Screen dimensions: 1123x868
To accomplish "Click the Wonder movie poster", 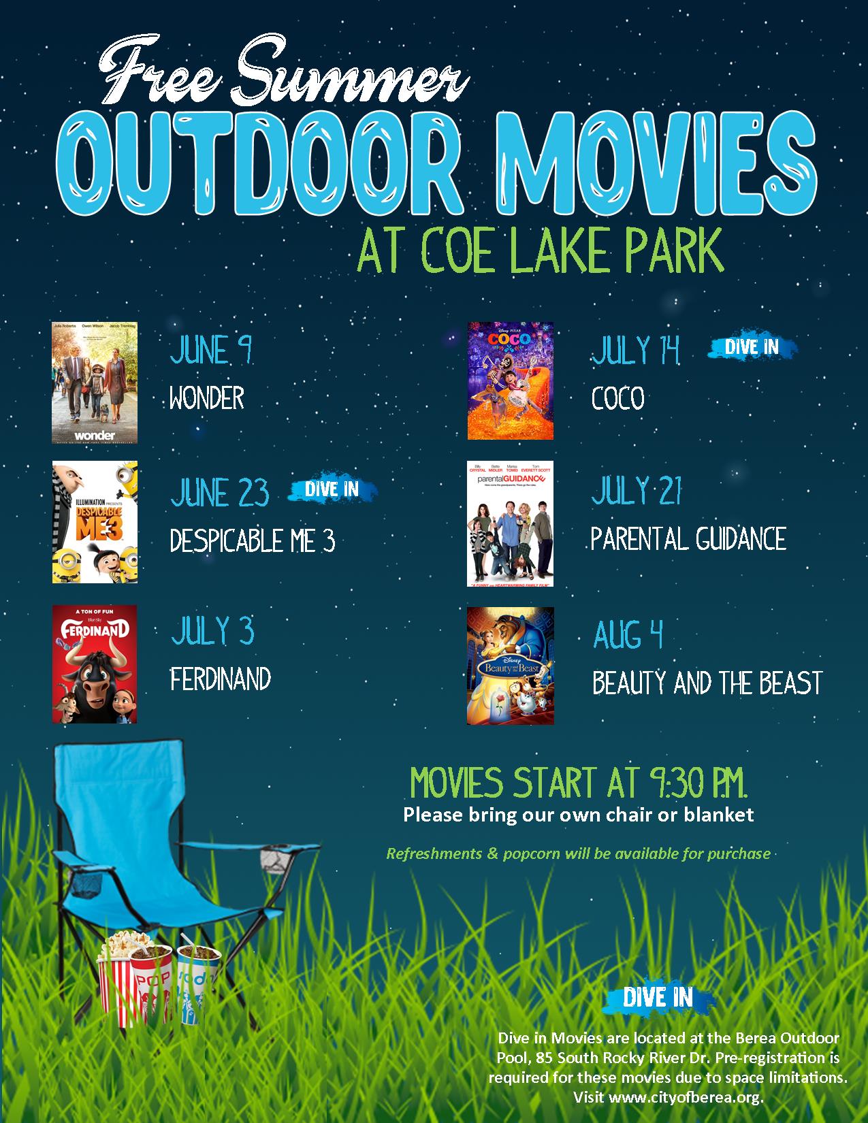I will [x=95, y=383].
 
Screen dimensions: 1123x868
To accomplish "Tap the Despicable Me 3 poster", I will [x=95, y=522].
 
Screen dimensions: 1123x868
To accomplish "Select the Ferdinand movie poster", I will [x=95, y=664].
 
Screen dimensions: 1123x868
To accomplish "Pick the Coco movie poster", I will [x=510, y=381].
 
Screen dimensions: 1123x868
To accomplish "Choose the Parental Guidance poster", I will [x=510, y=523].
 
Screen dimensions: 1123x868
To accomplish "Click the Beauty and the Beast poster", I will [x=510, y=666].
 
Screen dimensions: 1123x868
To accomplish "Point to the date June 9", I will [x=211, y=351].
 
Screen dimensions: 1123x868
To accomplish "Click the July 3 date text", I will [x=212, y=631].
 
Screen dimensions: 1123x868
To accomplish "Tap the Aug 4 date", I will [x=628, y=634].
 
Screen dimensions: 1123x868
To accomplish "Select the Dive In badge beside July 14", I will [x=752, y=347].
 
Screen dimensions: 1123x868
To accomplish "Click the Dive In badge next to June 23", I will [x=332, y=489].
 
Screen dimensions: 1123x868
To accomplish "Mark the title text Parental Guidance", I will [x=688, y=539].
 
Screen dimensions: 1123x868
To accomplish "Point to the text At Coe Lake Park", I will [x=540, y=251].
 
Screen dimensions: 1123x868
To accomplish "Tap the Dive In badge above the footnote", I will [x=658, y=998].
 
